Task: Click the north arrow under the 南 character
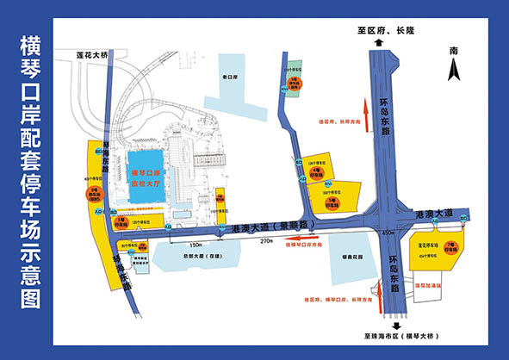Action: (x=453, y=70)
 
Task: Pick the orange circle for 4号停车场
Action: (x=316, y=172)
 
